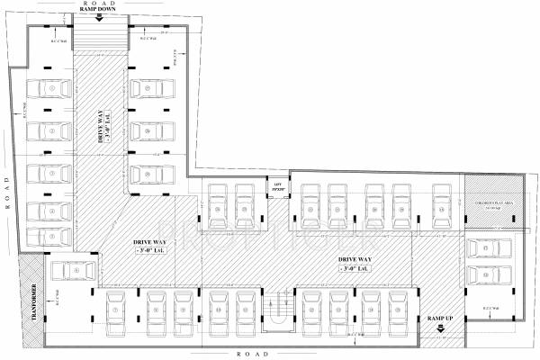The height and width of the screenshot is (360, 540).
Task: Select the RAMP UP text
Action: (x=440, y=319)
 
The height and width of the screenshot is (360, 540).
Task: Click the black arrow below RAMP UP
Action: (x=440, y=329)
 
